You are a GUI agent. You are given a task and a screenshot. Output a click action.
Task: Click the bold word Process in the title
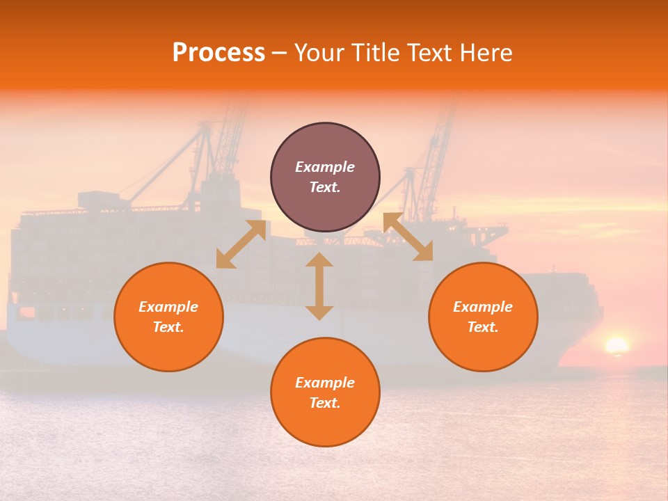coord(218,53)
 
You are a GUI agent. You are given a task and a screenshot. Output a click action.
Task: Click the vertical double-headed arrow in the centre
coord(319,286)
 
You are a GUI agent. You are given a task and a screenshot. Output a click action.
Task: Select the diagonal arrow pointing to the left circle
coord(241,244)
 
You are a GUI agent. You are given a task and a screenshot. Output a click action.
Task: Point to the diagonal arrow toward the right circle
coord(408,237)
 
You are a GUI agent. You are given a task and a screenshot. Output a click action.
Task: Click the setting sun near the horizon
coord(616,345)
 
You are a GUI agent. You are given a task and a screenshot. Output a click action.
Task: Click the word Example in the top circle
coord(325,167)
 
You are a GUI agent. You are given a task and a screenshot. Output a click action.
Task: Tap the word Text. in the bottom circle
coord(325,403)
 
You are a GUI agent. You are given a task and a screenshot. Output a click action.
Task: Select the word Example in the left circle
coord(168,307)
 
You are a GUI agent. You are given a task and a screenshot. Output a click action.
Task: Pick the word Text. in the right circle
coord(483,327)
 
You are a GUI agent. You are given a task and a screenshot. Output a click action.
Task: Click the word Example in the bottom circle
coord(325,383)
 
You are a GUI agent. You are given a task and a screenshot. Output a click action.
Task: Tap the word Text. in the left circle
coord(168,327)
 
